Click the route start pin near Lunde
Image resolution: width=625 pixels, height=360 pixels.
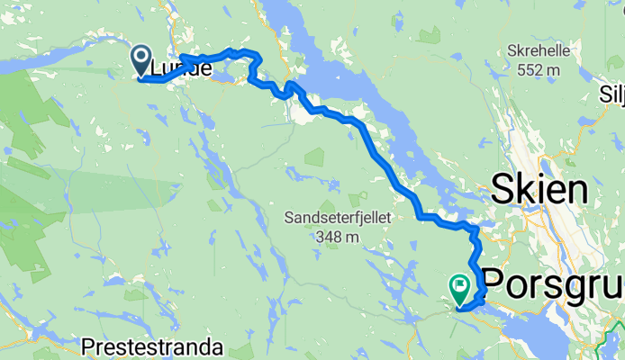pyautogui.click(x=142, y=60)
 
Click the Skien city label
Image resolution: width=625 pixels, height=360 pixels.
pyautogui.click(x=539, y=190)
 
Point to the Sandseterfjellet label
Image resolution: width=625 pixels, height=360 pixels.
pyautogui.click(x=328, y=217)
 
